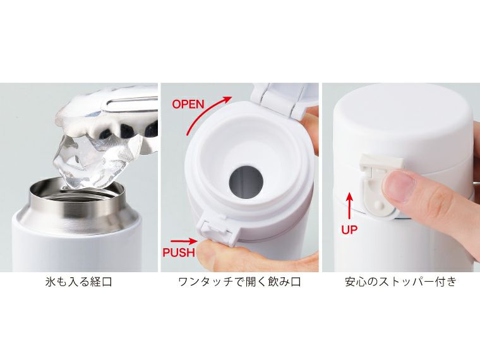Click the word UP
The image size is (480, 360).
click(x=349, y=229)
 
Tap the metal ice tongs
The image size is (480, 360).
click(x=126, y=104)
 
